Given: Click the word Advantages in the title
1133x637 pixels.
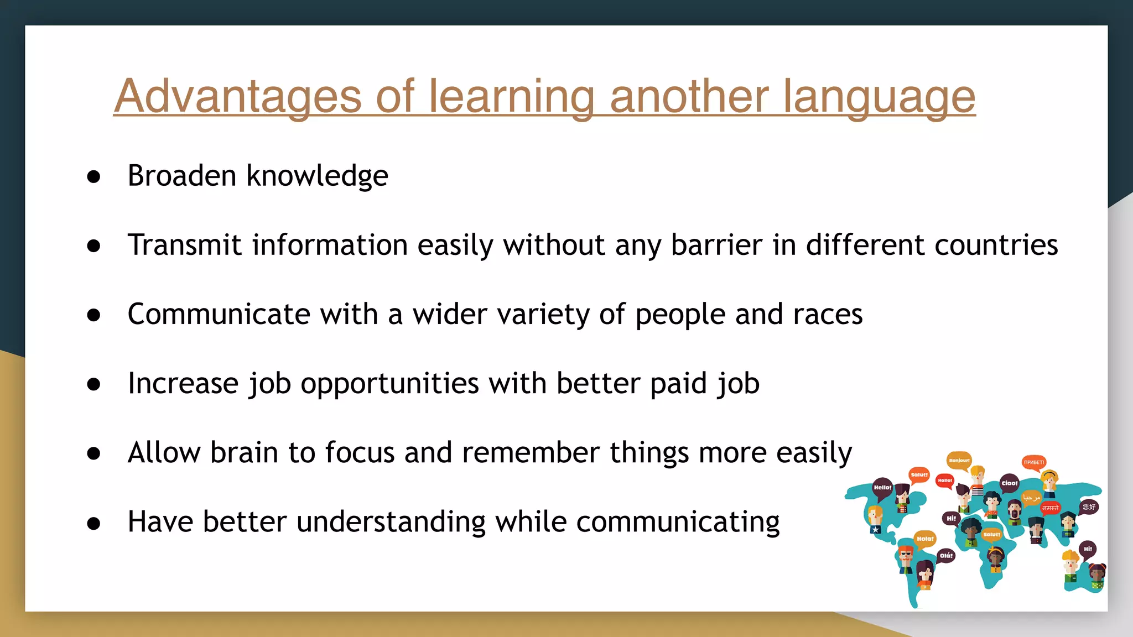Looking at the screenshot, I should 237,96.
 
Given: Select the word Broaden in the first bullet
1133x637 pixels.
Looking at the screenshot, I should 182,176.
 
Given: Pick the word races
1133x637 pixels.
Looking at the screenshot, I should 828,315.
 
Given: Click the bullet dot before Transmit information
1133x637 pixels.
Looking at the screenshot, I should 94,246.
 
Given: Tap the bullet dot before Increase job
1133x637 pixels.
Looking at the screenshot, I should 94,384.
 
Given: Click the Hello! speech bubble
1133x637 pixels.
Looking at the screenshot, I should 882,487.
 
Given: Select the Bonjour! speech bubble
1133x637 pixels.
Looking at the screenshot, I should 959,460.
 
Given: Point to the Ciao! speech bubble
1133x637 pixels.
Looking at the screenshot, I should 1009,483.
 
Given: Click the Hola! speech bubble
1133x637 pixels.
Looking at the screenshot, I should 924,539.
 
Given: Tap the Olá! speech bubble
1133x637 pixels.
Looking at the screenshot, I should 946,555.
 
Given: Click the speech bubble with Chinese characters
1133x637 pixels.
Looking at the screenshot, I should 1089,507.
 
